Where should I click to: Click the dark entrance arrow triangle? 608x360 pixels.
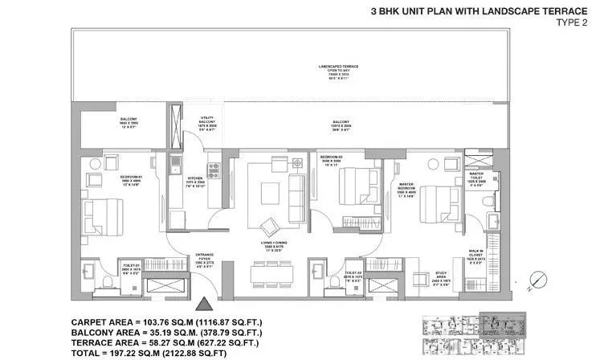204,305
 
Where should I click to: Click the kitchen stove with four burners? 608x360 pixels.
214,170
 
